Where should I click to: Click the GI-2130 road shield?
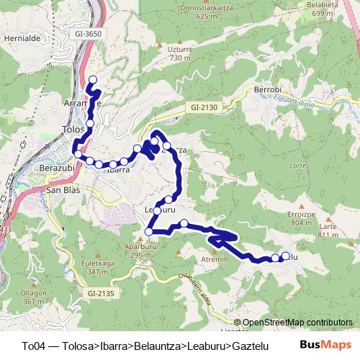pos(204,107)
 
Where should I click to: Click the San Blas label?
pos(62,190)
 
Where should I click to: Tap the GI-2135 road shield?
pos(102,293)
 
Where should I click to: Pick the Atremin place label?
pos(215,258)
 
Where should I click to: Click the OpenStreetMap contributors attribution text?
pos(297,323)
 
